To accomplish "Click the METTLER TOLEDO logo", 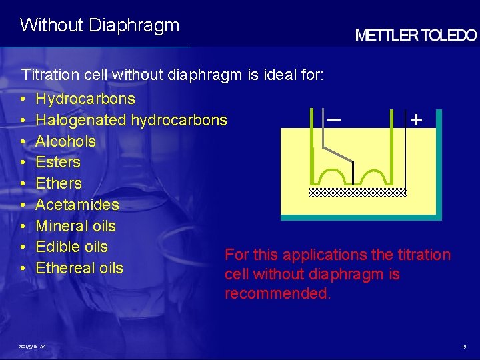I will point(416,36).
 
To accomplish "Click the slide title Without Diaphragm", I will point(100,25).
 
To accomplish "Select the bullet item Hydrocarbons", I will point(85,99).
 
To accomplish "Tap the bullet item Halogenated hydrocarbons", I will point(131,121).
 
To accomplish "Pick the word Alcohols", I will point(65,142).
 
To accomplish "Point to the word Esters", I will point(57,162).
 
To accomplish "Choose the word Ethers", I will point(59,183).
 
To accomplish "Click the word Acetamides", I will point(77,205).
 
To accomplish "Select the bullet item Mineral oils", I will point(75,226).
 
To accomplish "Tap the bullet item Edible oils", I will point(71,247).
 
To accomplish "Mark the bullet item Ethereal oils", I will point(79,268).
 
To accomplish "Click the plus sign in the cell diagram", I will point(417,120).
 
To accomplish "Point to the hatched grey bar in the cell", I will point(357,192).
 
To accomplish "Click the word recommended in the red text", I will point(277,294).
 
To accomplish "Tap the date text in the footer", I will point(32,347).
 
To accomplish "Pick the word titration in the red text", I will point(424,255).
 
